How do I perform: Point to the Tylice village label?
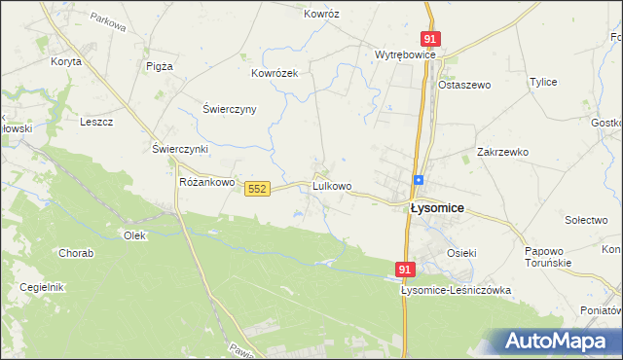pos(542,82)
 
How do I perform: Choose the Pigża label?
pos(159,66)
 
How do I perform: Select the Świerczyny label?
pos(229,109)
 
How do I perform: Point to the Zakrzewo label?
pos(502,152)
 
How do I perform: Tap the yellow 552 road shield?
pos(257,188)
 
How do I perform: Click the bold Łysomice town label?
pos(436,208)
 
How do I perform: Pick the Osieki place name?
pos(461,253)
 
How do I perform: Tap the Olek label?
pos(134,235)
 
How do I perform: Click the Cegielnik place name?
pos(42,287)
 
